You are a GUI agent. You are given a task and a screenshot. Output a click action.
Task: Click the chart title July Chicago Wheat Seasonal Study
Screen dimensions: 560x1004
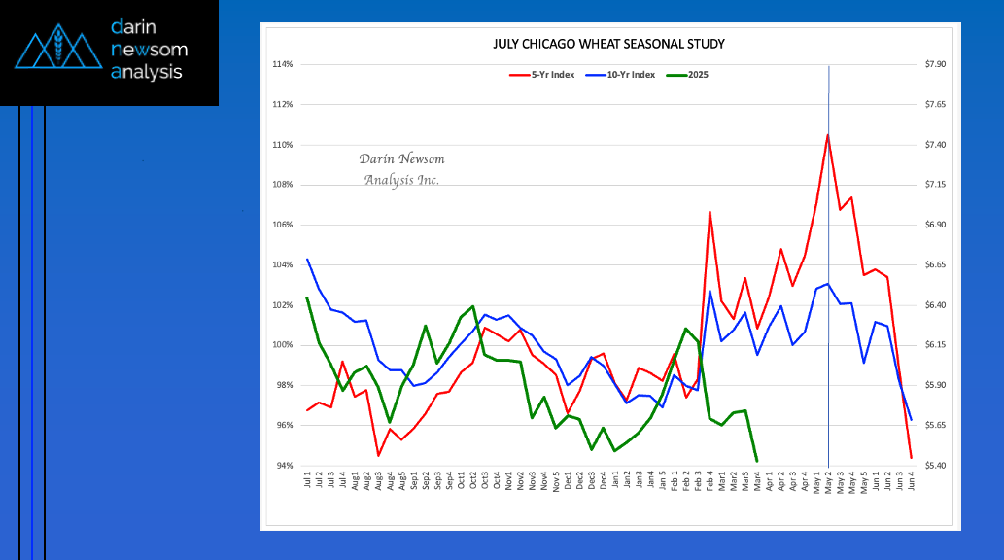click(x=608, y=44)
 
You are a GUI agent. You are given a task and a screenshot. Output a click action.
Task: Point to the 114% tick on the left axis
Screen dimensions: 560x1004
click(x=283, y=65)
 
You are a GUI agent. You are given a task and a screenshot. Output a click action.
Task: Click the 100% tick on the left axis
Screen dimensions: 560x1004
click(x=283, y=345)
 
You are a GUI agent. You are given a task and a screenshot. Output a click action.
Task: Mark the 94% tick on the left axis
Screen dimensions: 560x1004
click(x=283, y=466)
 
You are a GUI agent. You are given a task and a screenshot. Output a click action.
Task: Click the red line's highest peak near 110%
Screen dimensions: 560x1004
click(x=827, y=135)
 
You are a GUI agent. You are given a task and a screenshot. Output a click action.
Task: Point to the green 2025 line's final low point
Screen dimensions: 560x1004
click(x=757, y=461)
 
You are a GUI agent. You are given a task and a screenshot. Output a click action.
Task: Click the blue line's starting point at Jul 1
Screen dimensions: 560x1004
click(x=307, y=260)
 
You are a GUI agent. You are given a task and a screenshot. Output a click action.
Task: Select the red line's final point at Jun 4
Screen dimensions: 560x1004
click(x=911, y=457)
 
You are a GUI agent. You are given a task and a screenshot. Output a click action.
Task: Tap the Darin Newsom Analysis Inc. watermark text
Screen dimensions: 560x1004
click(x=401, y=169)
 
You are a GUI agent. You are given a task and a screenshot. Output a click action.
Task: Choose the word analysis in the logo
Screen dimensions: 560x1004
click(x=147, y=72)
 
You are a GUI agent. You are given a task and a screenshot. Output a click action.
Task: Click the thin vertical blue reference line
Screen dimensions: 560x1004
click(x=828, y=292)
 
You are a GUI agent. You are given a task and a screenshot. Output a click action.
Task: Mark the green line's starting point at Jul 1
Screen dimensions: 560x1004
click(x=307, y=297)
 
